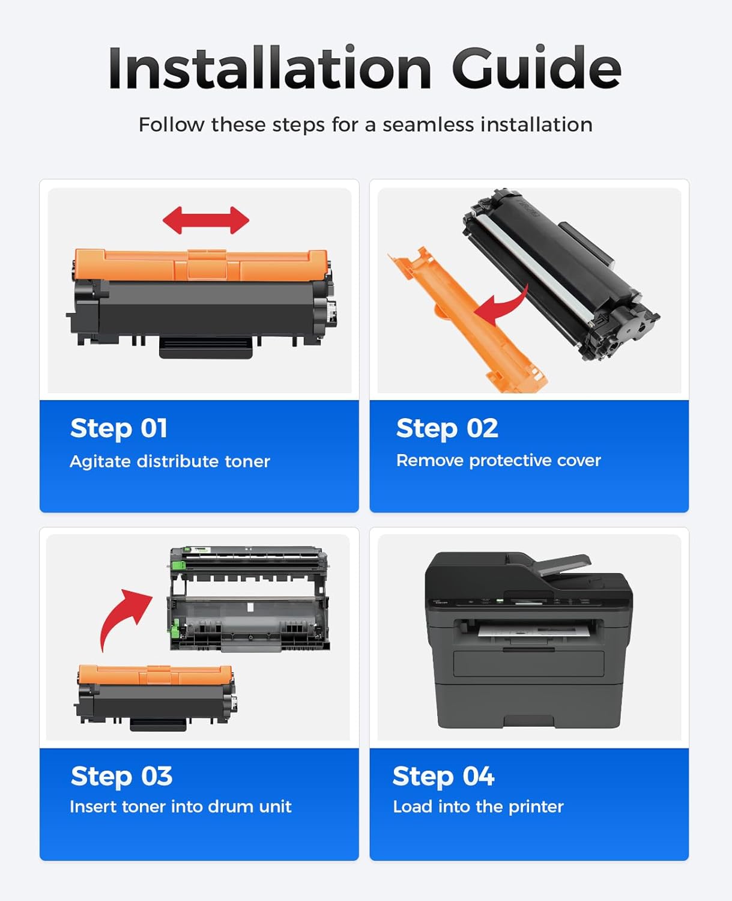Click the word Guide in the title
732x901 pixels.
[x=536, y=68]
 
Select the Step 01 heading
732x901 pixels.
[x=119, y=429]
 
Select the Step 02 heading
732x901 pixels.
[x=447, y=429]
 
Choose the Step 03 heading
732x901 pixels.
[x=121, y=776]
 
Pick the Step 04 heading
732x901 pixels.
[x=443, y=776]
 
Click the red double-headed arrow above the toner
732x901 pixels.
[x=206, y=220]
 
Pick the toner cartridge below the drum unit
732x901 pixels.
[x=155, y=696]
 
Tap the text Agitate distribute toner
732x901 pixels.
[x=170, y=461]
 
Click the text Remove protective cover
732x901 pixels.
[x=498, y=461]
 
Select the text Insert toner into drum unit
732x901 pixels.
[x=180, y=807]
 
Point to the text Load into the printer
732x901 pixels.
[x=478, y=807]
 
